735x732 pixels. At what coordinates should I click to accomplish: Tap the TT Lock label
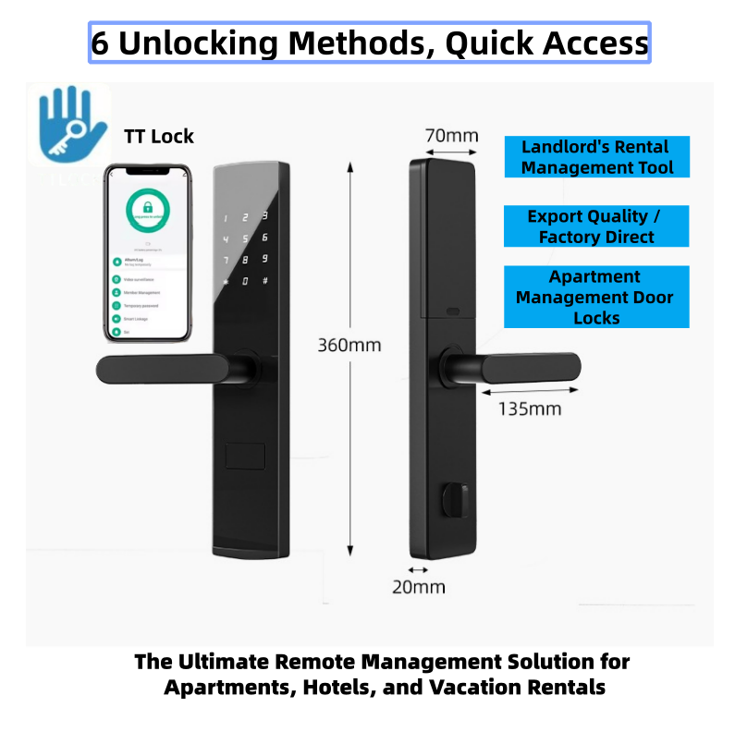(159, 137)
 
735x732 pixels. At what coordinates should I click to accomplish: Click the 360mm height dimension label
(349, 346)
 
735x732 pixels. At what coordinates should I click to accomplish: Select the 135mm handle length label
(530, 408)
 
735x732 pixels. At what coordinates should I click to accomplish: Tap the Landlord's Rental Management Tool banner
(595, 157)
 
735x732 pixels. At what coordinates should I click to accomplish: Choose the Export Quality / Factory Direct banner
(595, 226)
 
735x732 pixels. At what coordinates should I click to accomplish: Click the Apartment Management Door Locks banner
(595, 297)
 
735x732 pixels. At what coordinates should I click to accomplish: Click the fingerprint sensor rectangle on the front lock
(246, 457)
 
